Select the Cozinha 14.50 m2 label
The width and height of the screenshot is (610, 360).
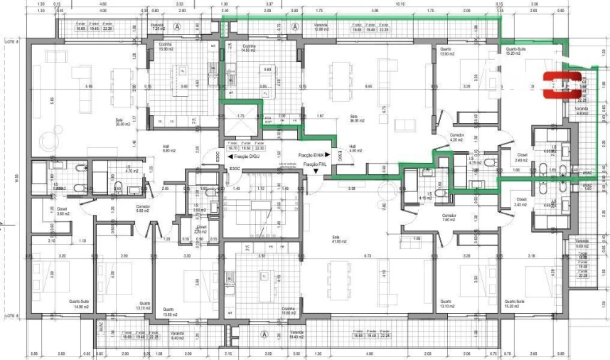click(248, 47)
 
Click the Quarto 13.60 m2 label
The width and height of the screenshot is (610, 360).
click(168, 311)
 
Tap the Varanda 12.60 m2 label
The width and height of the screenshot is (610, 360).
click(321, 27)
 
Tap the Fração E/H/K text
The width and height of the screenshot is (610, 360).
click(310, 155)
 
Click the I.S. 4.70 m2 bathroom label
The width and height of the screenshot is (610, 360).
click(132, 171)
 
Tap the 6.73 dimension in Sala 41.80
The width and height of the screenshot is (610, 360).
click(368, 255)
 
